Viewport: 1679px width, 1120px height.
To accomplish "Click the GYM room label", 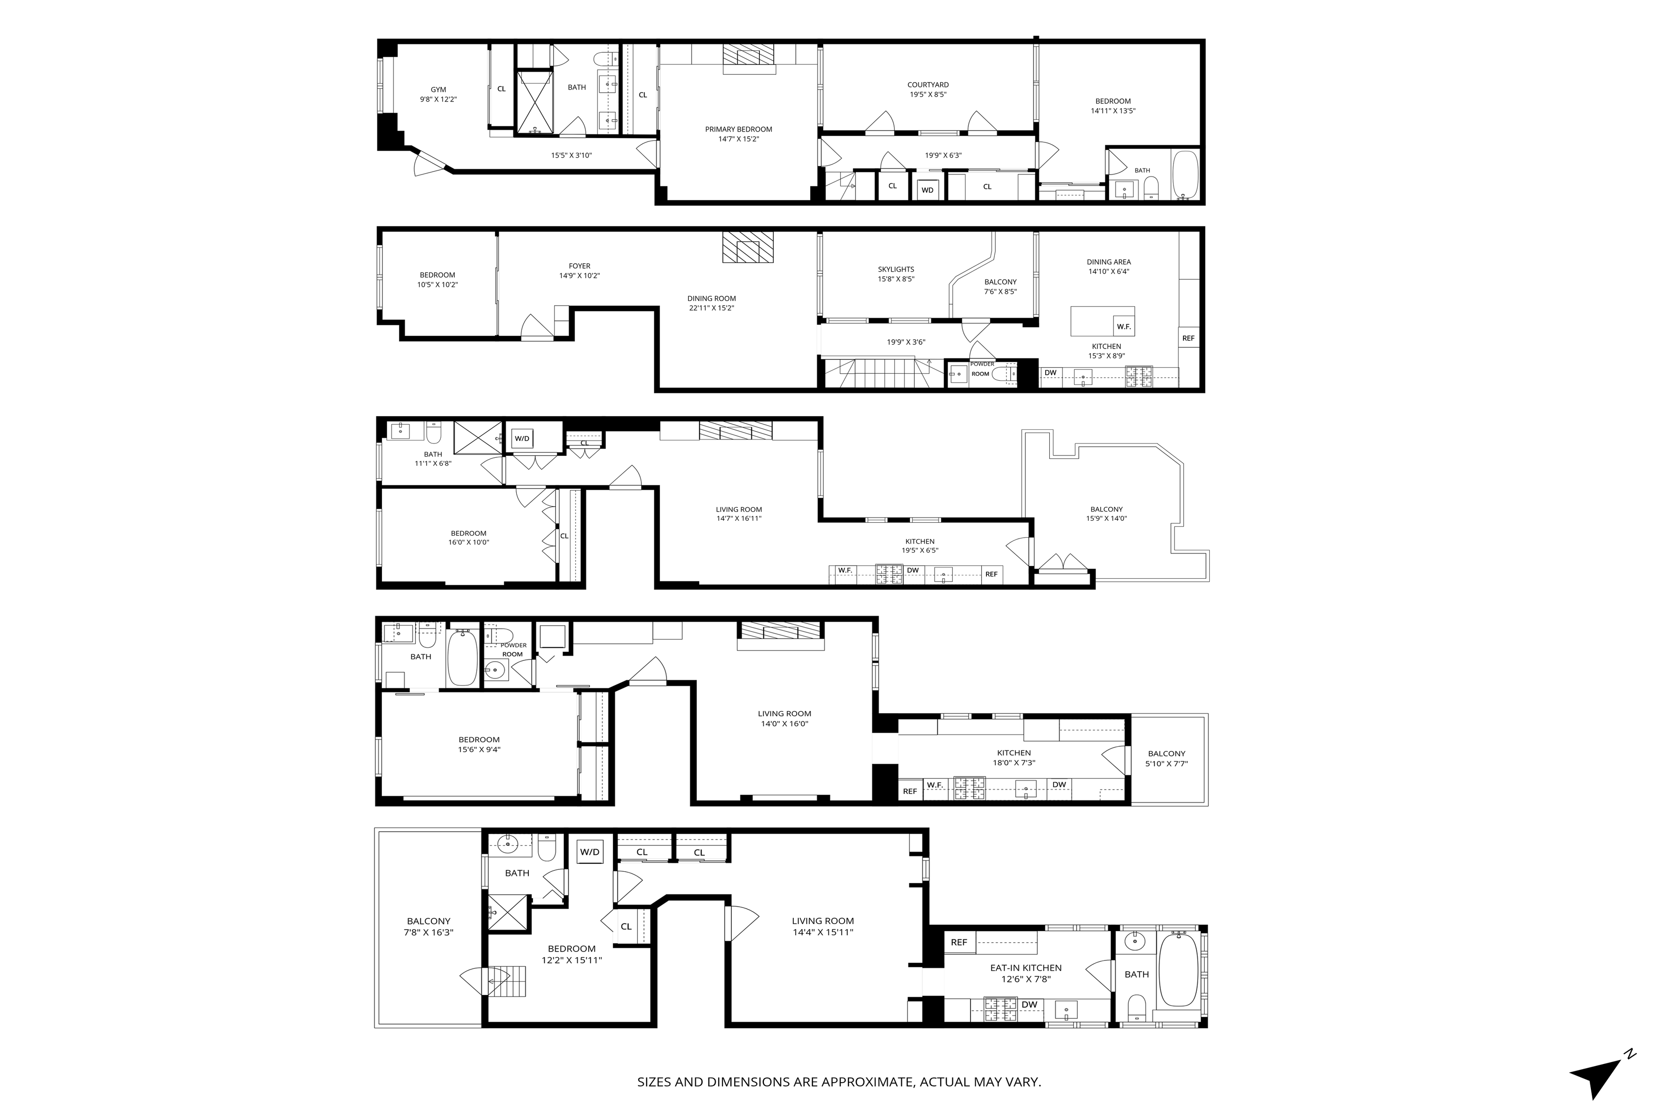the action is point(438,90).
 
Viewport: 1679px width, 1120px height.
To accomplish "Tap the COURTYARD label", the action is point(928,85).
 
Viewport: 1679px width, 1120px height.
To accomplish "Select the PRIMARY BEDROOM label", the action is point(739,129).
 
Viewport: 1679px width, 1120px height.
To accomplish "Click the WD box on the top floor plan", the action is point(927,190).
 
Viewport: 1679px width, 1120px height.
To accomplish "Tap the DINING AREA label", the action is point(1109,262).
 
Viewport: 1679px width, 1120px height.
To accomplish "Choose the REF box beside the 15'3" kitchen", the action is point(1188,338).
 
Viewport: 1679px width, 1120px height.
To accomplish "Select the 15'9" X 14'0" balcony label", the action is point(1106,518).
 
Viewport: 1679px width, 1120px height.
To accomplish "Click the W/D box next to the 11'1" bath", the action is point(522,439).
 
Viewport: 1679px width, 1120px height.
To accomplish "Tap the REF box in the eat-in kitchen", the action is point(959,942).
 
